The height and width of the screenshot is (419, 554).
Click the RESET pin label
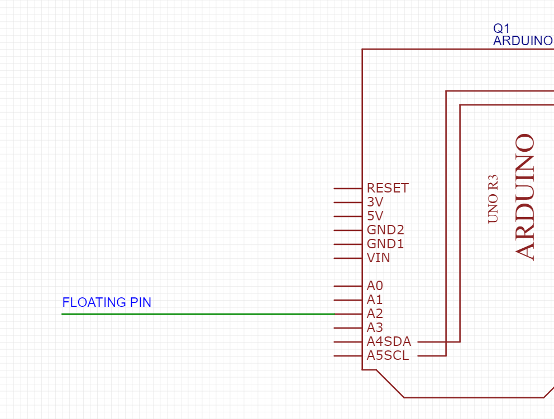pos(388,188)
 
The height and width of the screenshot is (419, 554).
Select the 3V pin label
pos(375,202)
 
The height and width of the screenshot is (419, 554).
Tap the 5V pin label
pos(375,216)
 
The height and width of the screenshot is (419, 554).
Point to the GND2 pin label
pos(385,230)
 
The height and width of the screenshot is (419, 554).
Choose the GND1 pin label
pos(385,244)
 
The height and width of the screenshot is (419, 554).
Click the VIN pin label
pos(379,258)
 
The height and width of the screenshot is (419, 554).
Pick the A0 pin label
pos(375,286)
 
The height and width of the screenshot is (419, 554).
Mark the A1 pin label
pos(375,300)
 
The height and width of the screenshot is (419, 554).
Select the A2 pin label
pos(375,314)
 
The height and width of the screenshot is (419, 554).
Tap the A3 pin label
pos(375,328)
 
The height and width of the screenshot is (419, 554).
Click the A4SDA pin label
pos(389,341)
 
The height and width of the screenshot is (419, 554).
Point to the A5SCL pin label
pos(388,355)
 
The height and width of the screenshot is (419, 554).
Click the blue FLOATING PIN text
pos(107,302)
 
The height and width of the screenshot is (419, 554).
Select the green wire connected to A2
pos(195,314)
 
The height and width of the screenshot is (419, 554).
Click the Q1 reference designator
pos(501,28)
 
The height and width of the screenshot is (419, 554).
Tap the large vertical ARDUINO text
pos(526,197)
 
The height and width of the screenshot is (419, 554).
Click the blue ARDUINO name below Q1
pos(522,41)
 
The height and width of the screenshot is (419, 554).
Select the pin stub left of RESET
pos(348,189)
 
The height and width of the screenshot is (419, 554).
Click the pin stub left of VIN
pos(348,258)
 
